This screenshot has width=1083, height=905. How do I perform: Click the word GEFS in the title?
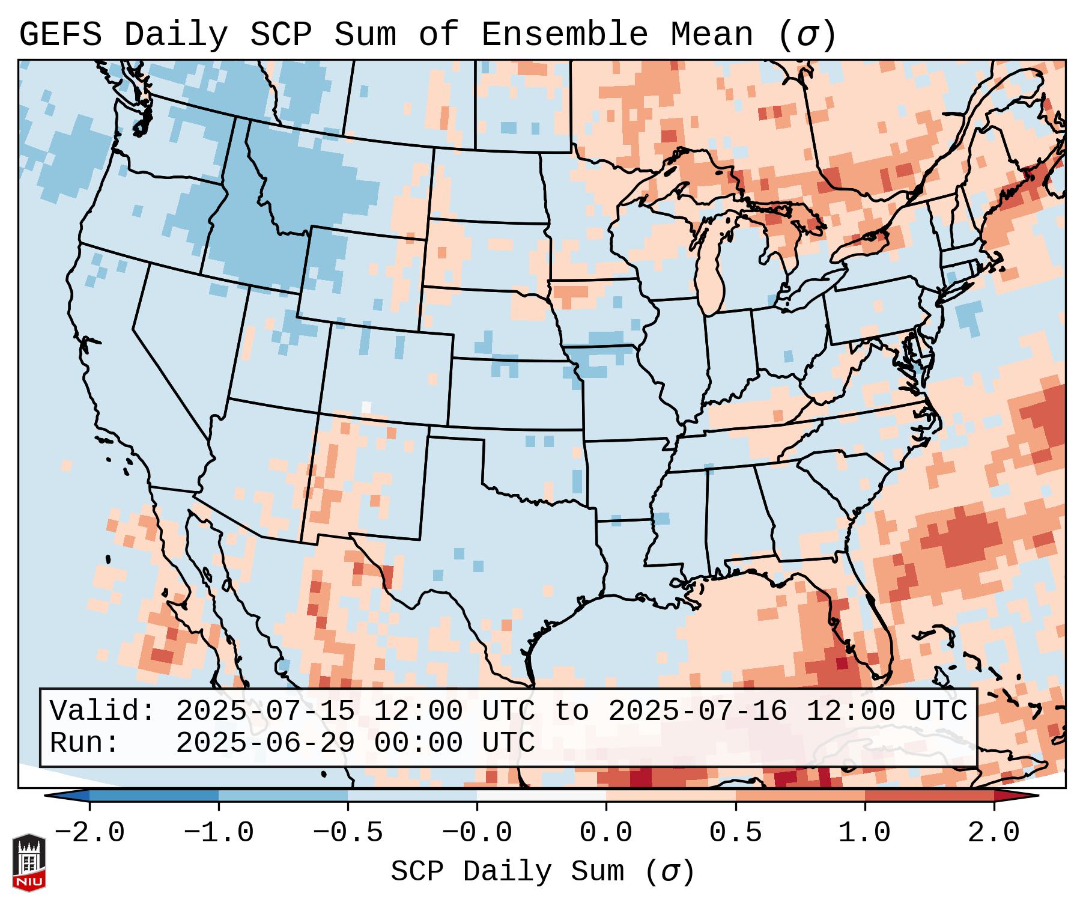click(60, 35)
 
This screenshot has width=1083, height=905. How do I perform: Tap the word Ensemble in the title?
click(565, 35)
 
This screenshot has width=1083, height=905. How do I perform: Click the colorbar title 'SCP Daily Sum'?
click(508, 872)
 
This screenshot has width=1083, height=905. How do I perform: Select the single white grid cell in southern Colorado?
click(366, 406)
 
